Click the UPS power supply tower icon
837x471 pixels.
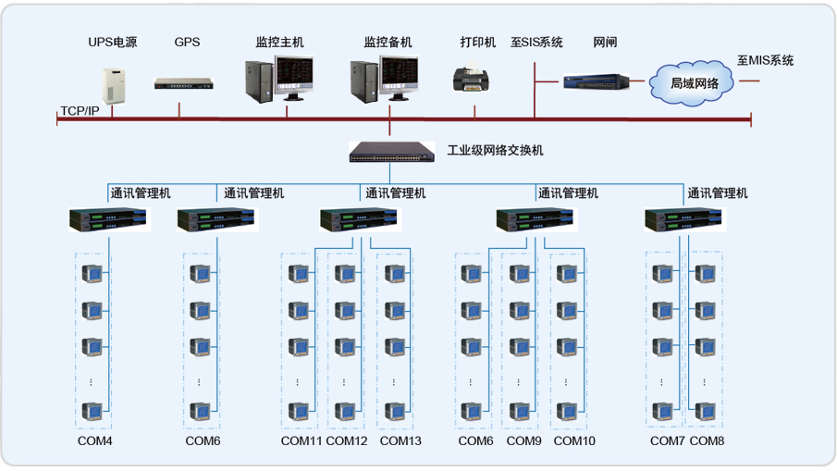113,81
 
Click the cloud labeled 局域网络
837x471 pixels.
695,82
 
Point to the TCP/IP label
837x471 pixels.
80,111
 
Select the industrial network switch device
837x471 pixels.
391,151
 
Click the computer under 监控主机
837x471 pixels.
278,80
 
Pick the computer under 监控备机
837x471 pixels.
383,80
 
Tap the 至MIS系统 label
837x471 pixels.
765,61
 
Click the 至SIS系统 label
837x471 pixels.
536,43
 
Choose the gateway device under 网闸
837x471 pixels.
597,81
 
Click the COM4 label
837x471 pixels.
95,441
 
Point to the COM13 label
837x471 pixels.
400,441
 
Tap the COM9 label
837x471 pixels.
523,441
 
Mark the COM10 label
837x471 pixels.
574,441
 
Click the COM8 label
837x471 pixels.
708,441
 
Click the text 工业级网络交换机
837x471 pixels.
496,151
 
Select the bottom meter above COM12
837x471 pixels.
344,411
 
